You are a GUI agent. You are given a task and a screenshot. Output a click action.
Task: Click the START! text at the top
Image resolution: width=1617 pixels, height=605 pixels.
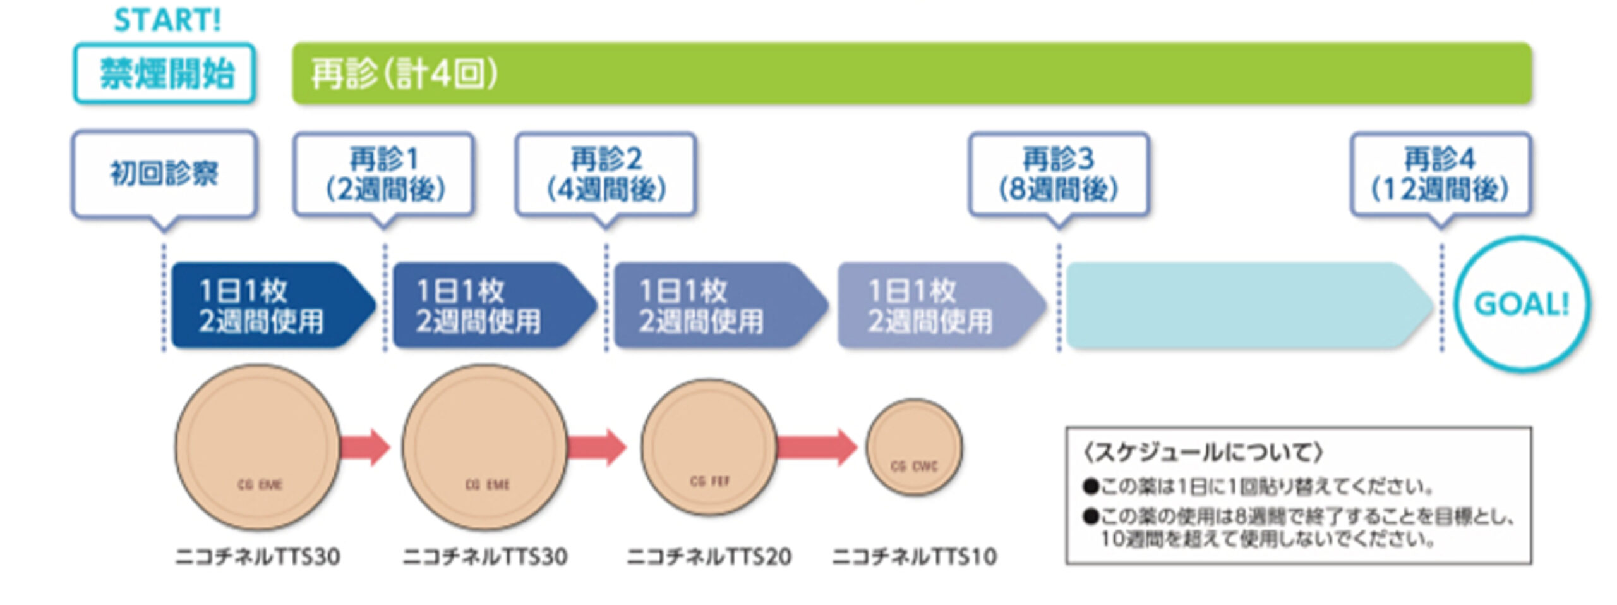click(167, 20)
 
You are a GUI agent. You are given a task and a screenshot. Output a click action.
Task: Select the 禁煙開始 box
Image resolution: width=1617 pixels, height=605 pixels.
click(165, 73)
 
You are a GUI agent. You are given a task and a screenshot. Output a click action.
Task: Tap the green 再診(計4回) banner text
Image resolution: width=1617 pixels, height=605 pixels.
click(404, 74)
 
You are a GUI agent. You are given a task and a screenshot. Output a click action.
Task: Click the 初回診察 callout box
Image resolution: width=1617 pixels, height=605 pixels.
click(164, 174)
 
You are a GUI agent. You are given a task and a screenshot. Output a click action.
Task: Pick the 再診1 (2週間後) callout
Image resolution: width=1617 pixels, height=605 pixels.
click(384, 174)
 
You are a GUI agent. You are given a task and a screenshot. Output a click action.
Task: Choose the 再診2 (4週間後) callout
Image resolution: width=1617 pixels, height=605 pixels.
click(606, 174)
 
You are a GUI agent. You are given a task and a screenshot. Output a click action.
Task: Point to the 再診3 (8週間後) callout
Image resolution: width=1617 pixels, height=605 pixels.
click(1059, 174)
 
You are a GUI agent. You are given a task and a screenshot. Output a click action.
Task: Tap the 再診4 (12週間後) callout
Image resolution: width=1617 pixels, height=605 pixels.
click(1440, 174)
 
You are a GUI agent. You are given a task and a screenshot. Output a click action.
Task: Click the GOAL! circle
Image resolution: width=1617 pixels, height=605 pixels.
click(1521, 304)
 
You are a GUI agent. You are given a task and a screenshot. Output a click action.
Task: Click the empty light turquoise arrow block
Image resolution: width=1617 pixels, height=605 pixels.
click(1244, 305)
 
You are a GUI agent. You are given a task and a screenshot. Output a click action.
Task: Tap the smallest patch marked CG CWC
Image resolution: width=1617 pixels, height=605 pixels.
click(914, 447)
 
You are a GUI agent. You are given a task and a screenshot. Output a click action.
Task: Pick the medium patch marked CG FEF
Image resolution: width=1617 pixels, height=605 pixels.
click(709, 446)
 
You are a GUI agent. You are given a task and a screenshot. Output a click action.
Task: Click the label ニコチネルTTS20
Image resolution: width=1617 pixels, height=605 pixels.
click(709, 557)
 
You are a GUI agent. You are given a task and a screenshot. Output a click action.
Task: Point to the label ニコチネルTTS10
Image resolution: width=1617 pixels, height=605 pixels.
click(914, 557)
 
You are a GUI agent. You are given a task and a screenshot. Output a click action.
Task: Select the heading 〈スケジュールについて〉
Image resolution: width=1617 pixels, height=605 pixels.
click(1203, 453)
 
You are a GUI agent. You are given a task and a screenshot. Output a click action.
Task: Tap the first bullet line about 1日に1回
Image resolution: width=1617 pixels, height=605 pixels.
click(1257, 487)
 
